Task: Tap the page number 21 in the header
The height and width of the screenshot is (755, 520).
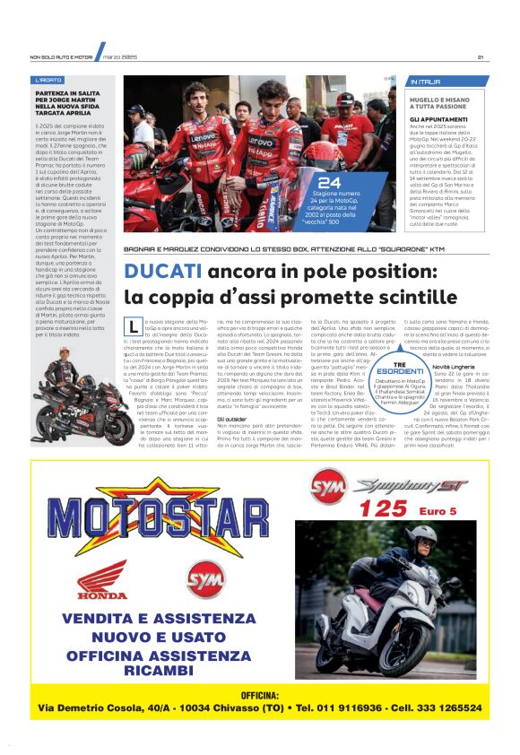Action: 481,57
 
